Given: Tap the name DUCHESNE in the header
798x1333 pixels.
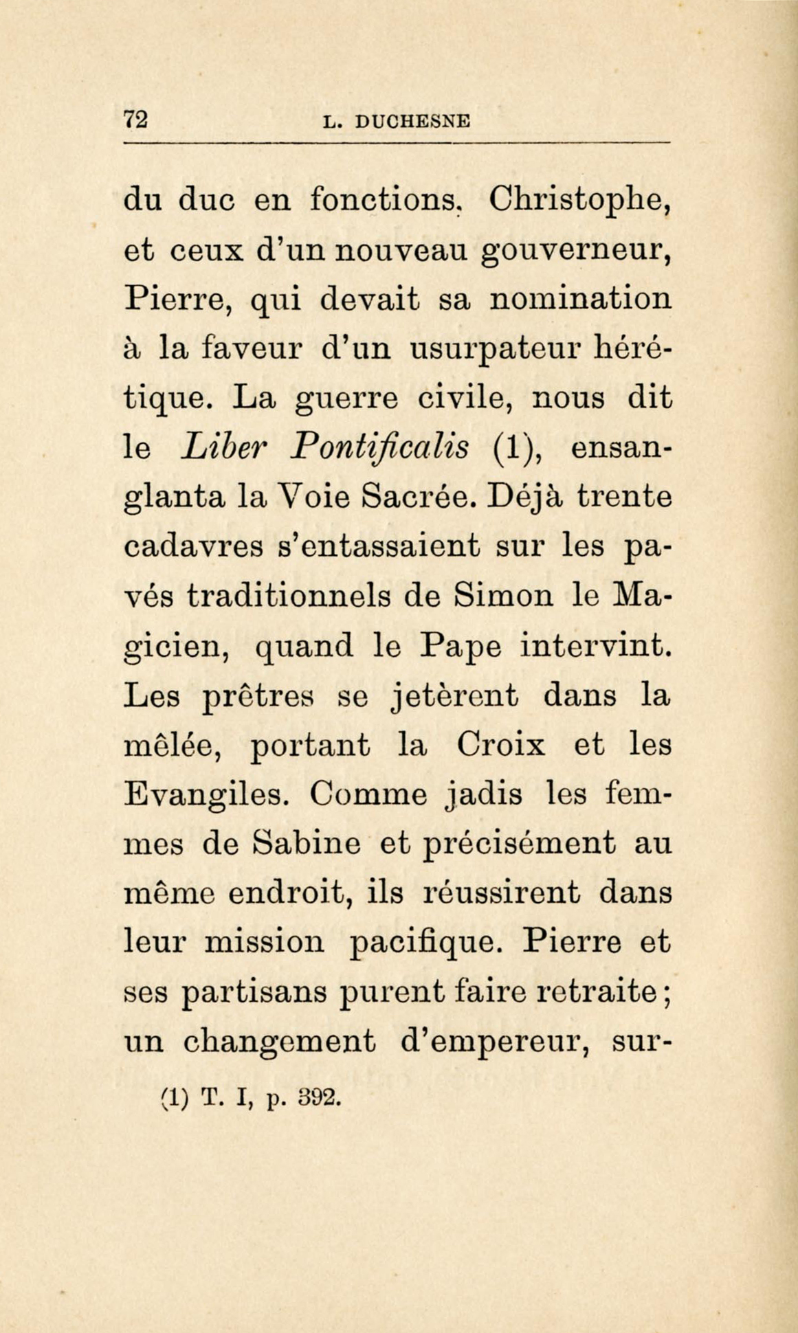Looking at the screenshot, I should [413, 122].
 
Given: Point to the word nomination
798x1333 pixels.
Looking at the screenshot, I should [582, 299].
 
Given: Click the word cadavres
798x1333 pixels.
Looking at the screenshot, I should [194, 548].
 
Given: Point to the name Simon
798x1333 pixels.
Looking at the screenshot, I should [504, 596].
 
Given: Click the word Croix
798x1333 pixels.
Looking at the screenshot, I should [501, 746].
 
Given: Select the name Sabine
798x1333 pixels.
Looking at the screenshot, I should [306, 844].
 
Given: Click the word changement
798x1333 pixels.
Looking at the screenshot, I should [279, 1043].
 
